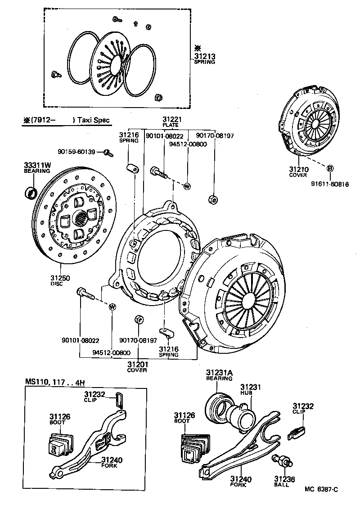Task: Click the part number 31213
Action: point(204,56)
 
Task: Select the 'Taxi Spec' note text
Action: point(93,120)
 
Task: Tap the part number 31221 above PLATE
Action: point(171,120)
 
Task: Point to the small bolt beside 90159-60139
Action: point(108,152)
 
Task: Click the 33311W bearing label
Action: point(37,168)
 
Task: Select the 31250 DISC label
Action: point(60,280)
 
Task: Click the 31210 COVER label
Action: point(298,171)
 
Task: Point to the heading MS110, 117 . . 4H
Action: point(54,382)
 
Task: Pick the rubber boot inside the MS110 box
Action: point(59,444)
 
